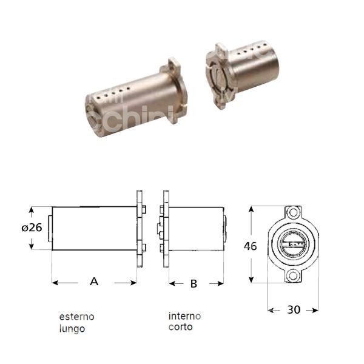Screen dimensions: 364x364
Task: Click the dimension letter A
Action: (x=94, y=281)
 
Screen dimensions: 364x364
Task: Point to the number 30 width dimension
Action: (x=294, y=309)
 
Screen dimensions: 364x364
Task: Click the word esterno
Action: (x=76, y=317)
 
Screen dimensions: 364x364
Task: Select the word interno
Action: (x=185, y=316)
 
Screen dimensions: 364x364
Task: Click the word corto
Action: (x=181, y=327)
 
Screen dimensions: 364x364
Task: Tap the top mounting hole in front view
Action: (x=294, y=214)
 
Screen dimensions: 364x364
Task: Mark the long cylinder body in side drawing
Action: (x=94, y=229)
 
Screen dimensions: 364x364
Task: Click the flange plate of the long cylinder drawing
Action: (x=139, y=229)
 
